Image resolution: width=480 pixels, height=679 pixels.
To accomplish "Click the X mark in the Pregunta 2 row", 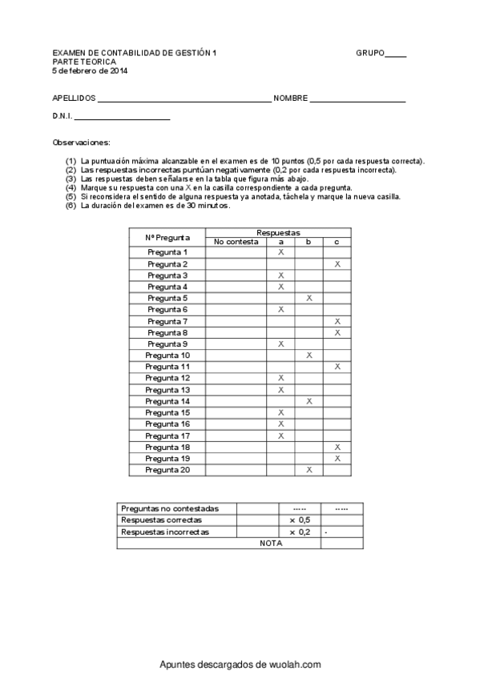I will point(337,263).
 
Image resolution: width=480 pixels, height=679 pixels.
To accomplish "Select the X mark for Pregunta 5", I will point(309,298).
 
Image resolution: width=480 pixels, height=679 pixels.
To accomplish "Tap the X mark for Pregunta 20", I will point(309,470).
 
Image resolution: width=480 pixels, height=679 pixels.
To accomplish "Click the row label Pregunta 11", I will point(167,366).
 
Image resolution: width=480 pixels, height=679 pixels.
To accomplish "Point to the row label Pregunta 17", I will point(167,436).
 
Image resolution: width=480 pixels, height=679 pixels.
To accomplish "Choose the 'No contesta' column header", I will point(236,242).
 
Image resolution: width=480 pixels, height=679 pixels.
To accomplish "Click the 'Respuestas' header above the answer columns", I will point(278,231).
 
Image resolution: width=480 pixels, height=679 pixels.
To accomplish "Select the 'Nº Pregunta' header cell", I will point(167,237).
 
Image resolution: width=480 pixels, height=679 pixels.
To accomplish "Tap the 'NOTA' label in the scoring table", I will point(271,543).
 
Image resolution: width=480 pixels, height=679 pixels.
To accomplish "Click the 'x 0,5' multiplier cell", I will point(300,520).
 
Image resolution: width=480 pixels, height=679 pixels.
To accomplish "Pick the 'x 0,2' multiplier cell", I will point(300,532).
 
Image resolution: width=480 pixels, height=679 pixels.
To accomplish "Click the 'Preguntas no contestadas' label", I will point(169,508).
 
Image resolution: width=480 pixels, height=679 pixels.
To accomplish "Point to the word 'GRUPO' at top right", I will point(370,53).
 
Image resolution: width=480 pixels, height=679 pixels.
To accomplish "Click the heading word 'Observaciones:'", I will point(81,142).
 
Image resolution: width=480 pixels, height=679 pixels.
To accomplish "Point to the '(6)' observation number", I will point(71,206).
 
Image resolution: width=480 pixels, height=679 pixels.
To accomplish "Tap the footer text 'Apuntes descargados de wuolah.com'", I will point(240,665).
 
